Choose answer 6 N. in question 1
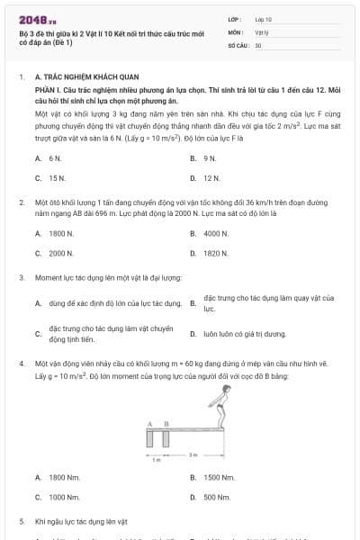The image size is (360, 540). pyautogui.click(x=55, y=157)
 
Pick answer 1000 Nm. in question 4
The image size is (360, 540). pyautogui.click(x=62, y=497)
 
